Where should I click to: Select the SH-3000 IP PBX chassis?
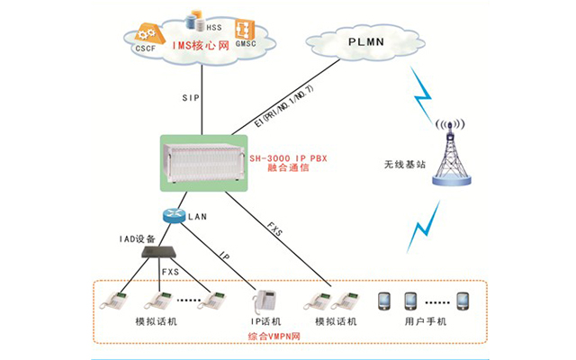203,162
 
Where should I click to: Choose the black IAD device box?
163,254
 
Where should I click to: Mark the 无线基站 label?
398,166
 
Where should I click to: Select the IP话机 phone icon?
265,299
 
